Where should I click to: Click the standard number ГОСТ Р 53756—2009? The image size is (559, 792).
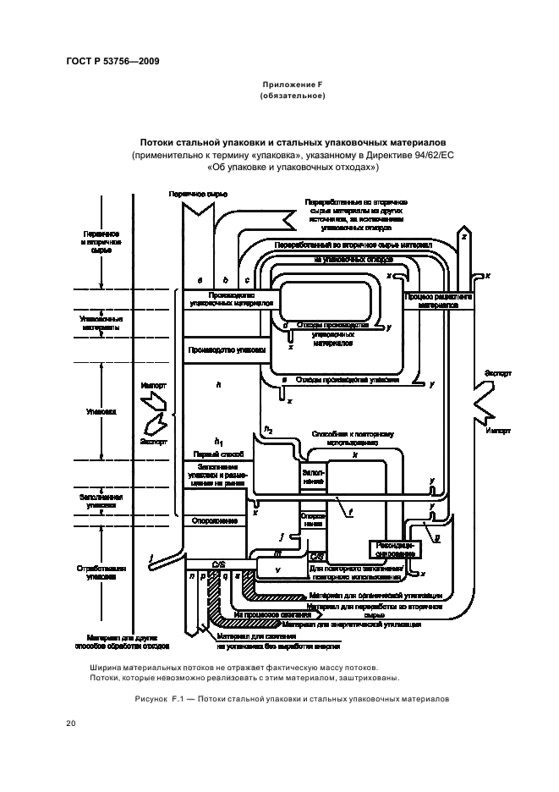[x=112, y=62]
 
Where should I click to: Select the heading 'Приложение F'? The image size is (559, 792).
[x=293, y=84]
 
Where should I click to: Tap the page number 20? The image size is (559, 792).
[x=71, y=723]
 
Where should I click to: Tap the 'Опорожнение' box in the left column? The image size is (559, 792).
[x=216, y=520]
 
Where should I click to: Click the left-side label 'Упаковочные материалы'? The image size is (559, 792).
[x=99, y=323]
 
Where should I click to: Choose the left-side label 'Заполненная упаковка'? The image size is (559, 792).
[x=99, y=499]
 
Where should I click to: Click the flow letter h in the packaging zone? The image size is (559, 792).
[x=218, y=385]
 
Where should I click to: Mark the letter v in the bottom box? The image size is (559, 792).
[x=278, y=569]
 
